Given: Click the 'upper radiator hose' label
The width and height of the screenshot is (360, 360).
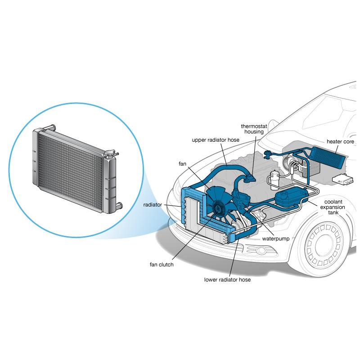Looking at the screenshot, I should coord(216,140).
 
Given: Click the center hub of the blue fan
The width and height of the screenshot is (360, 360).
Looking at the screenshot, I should coord(219,207).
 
